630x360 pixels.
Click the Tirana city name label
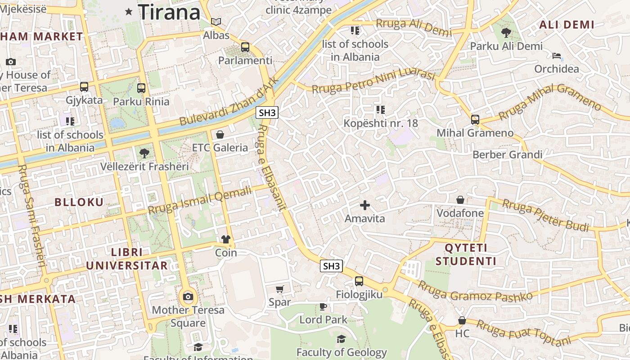click(x=169, y=12)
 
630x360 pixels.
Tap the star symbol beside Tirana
click(x=129, y=12)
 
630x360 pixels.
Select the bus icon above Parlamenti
click(x=245, y=47)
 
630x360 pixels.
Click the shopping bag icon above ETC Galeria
click(x=220, y=134)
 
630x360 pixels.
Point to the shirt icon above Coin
click(x=226, y=239)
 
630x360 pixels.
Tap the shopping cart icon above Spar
click(x=280, y=289)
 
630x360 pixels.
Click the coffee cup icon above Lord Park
click(x=323, y=306)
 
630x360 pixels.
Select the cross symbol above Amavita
click(x=365, y=205)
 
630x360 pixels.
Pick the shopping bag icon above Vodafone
click(x=460, y=199)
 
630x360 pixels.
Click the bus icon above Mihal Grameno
click(x=475, y=119)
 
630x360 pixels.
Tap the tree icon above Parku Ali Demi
click(x=506, y=32)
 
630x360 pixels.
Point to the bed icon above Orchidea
click(x=557, y=56)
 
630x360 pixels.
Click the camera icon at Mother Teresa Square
click(x=188, y=297)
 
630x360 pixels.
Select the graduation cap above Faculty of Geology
click(x=341, y=339)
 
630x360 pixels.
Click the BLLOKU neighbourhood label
click(x=79, y=202)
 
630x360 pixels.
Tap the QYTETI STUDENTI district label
click(x=466, y=254)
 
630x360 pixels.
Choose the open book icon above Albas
click(x=216, y=22)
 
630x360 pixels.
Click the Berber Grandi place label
click(x=507, y=155)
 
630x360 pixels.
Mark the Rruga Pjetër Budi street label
click(x=545, y=216)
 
